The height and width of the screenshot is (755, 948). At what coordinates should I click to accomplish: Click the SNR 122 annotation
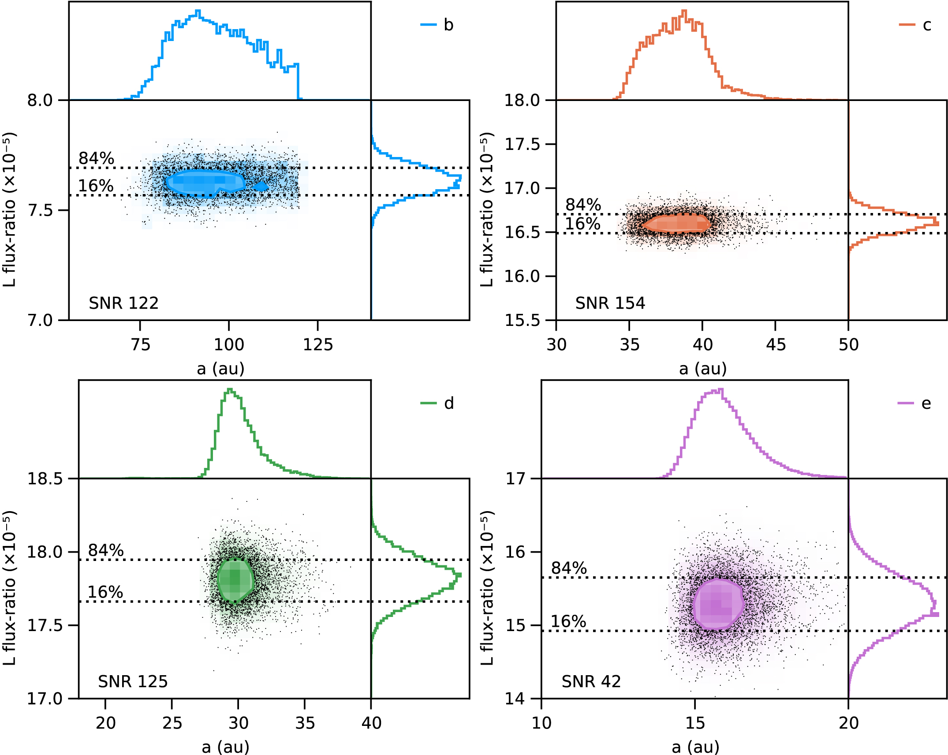123,303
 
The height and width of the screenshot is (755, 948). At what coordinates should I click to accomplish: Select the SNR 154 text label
610,303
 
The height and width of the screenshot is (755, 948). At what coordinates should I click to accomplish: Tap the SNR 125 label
133,681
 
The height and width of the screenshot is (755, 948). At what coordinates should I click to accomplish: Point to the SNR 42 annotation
591,681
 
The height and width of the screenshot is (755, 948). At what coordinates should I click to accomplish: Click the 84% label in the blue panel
96,158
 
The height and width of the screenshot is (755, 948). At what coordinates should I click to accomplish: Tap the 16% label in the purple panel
568,622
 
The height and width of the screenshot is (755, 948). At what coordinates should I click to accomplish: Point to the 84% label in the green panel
106,550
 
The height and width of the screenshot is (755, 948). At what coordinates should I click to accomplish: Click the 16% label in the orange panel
582,224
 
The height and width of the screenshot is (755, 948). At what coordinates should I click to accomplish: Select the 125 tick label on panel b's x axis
317,344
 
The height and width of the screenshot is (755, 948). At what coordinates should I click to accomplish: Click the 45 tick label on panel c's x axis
776,344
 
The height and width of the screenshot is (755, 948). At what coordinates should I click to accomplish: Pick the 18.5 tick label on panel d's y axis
45,478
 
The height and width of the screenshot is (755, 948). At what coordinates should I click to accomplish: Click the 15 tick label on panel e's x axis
695,723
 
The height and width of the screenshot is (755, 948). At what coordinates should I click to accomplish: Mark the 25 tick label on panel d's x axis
172,723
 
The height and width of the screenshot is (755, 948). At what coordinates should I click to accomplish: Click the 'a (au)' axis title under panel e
695,747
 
